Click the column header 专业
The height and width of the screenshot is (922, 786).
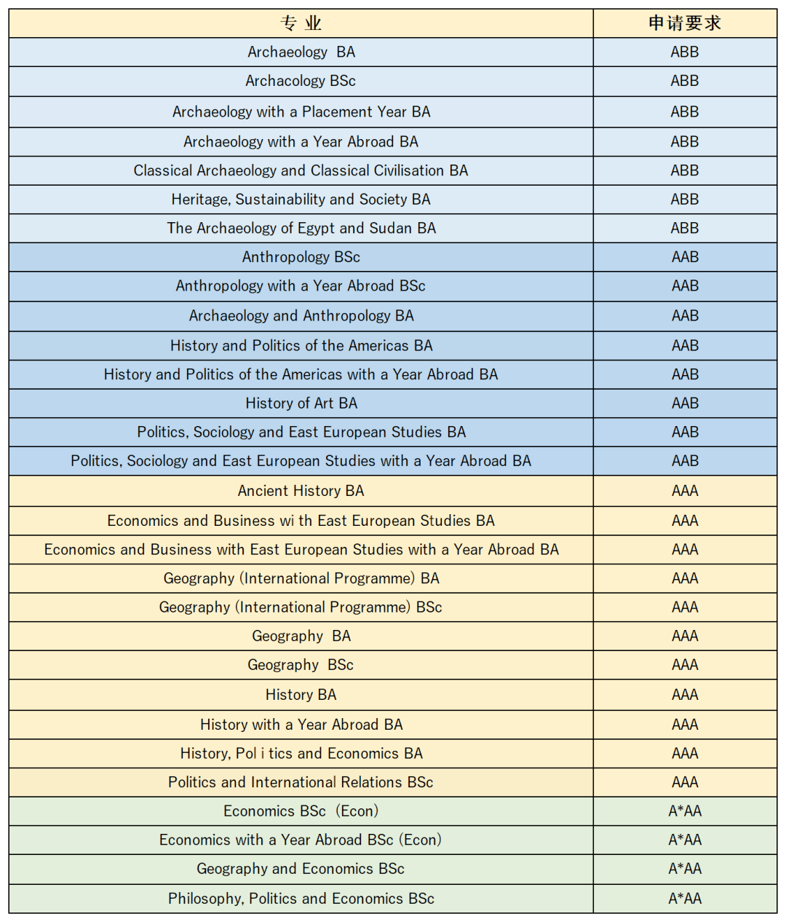click(x=301, y=23)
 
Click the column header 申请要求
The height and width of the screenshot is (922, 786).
click(x=684, y=23)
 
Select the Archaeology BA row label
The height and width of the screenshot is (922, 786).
click(x=301, y=52)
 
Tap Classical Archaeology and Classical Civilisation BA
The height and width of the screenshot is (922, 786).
click(x=301, y=170)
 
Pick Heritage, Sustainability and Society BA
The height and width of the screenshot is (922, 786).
click(x=301, y=200)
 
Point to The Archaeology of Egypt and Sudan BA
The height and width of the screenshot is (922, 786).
click(x=301, y=228)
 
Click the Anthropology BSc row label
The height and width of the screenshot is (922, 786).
click(x=301, y=257)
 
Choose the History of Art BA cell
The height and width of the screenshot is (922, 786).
click(x=301, y=403)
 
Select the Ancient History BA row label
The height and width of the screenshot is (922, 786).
click(x=301, y=491)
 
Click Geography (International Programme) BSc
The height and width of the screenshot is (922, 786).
click(x=301, y=607)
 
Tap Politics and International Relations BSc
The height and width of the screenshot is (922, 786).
click(x=301, y=782)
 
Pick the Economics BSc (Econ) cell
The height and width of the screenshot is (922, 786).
click(x=301, y=811)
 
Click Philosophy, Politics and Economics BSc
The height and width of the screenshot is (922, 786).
click(x=301, y=899)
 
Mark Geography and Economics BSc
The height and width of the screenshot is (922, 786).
click(x=301, y=869)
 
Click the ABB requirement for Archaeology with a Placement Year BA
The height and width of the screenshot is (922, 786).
click(x=684, y=112)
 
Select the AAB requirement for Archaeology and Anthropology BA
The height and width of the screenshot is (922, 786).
click(x=684, y=316)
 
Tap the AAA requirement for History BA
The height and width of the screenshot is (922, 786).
click(x=684, y=695)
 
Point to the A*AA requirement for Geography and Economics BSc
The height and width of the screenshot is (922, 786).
click(x=684, y=869)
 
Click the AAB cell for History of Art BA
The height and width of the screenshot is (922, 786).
click(x=684, y=403)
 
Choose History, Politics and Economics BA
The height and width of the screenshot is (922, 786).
click(x=301, y=754)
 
